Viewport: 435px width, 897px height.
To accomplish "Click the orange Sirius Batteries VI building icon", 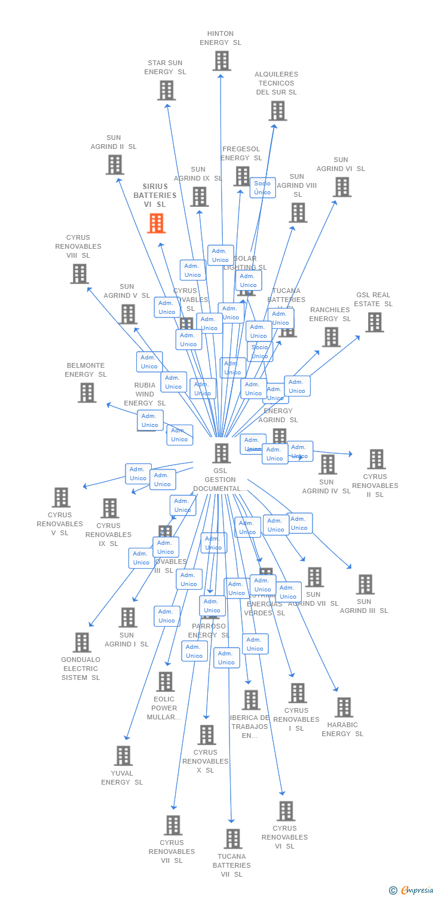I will click(x=157, y=223).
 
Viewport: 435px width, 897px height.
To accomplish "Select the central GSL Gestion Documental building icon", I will click(x=222, y=453).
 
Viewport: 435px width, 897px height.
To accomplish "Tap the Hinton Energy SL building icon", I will click(x=222, y=61).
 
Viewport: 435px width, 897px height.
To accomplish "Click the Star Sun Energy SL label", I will click(x=165, y=68).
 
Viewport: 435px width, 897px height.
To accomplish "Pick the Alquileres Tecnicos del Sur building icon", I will click(x=277, y=111).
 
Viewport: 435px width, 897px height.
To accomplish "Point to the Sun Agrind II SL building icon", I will click(x=115, y=164).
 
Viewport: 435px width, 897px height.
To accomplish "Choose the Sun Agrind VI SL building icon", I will click(x=342, y=187).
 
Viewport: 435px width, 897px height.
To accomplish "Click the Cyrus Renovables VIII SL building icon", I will click(x=79, y=274).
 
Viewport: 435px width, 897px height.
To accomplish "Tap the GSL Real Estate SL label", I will click(x=373, y=299).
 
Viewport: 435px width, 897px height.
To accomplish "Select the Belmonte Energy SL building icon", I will click(x=87, y=393).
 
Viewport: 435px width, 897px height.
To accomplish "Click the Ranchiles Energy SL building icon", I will click(x=331, y=337).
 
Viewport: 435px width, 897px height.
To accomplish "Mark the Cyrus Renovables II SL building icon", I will click(x=376, y=459).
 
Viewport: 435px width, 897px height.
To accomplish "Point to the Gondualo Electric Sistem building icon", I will click(x=82, y=642).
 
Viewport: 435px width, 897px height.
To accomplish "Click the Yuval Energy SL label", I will click(x=122, y=777).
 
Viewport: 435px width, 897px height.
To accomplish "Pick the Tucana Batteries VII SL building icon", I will click(x=233, y=838).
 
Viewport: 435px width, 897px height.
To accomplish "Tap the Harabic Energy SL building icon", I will click(x=344, y=707).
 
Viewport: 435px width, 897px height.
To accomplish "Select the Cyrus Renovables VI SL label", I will click(x=284, y=837).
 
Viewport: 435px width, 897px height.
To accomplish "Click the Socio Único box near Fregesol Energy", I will click(x=262, y=188).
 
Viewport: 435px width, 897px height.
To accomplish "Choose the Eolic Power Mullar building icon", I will click(x=166, y=682).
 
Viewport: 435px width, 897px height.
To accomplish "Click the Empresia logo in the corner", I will click(x=413, y=890).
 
